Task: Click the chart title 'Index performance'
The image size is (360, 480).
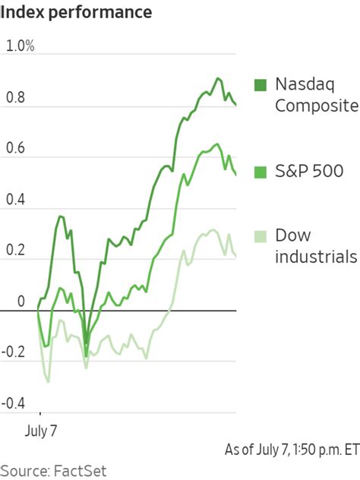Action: pos(76,13)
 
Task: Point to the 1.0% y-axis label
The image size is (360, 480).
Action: pos(21,46)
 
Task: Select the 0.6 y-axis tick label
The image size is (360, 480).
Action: pos(16,149)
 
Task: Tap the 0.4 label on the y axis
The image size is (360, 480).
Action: pos(16,200)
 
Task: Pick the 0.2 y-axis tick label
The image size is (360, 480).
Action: pos(16,251)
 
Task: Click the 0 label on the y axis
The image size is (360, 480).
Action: pos(21,302)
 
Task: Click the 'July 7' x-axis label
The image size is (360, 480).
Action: pos(41,431)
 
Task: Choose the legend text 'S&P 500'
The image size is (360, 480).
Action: pos(309,171)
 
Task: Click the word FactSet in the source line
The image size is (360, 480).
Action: pos(80,469)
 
